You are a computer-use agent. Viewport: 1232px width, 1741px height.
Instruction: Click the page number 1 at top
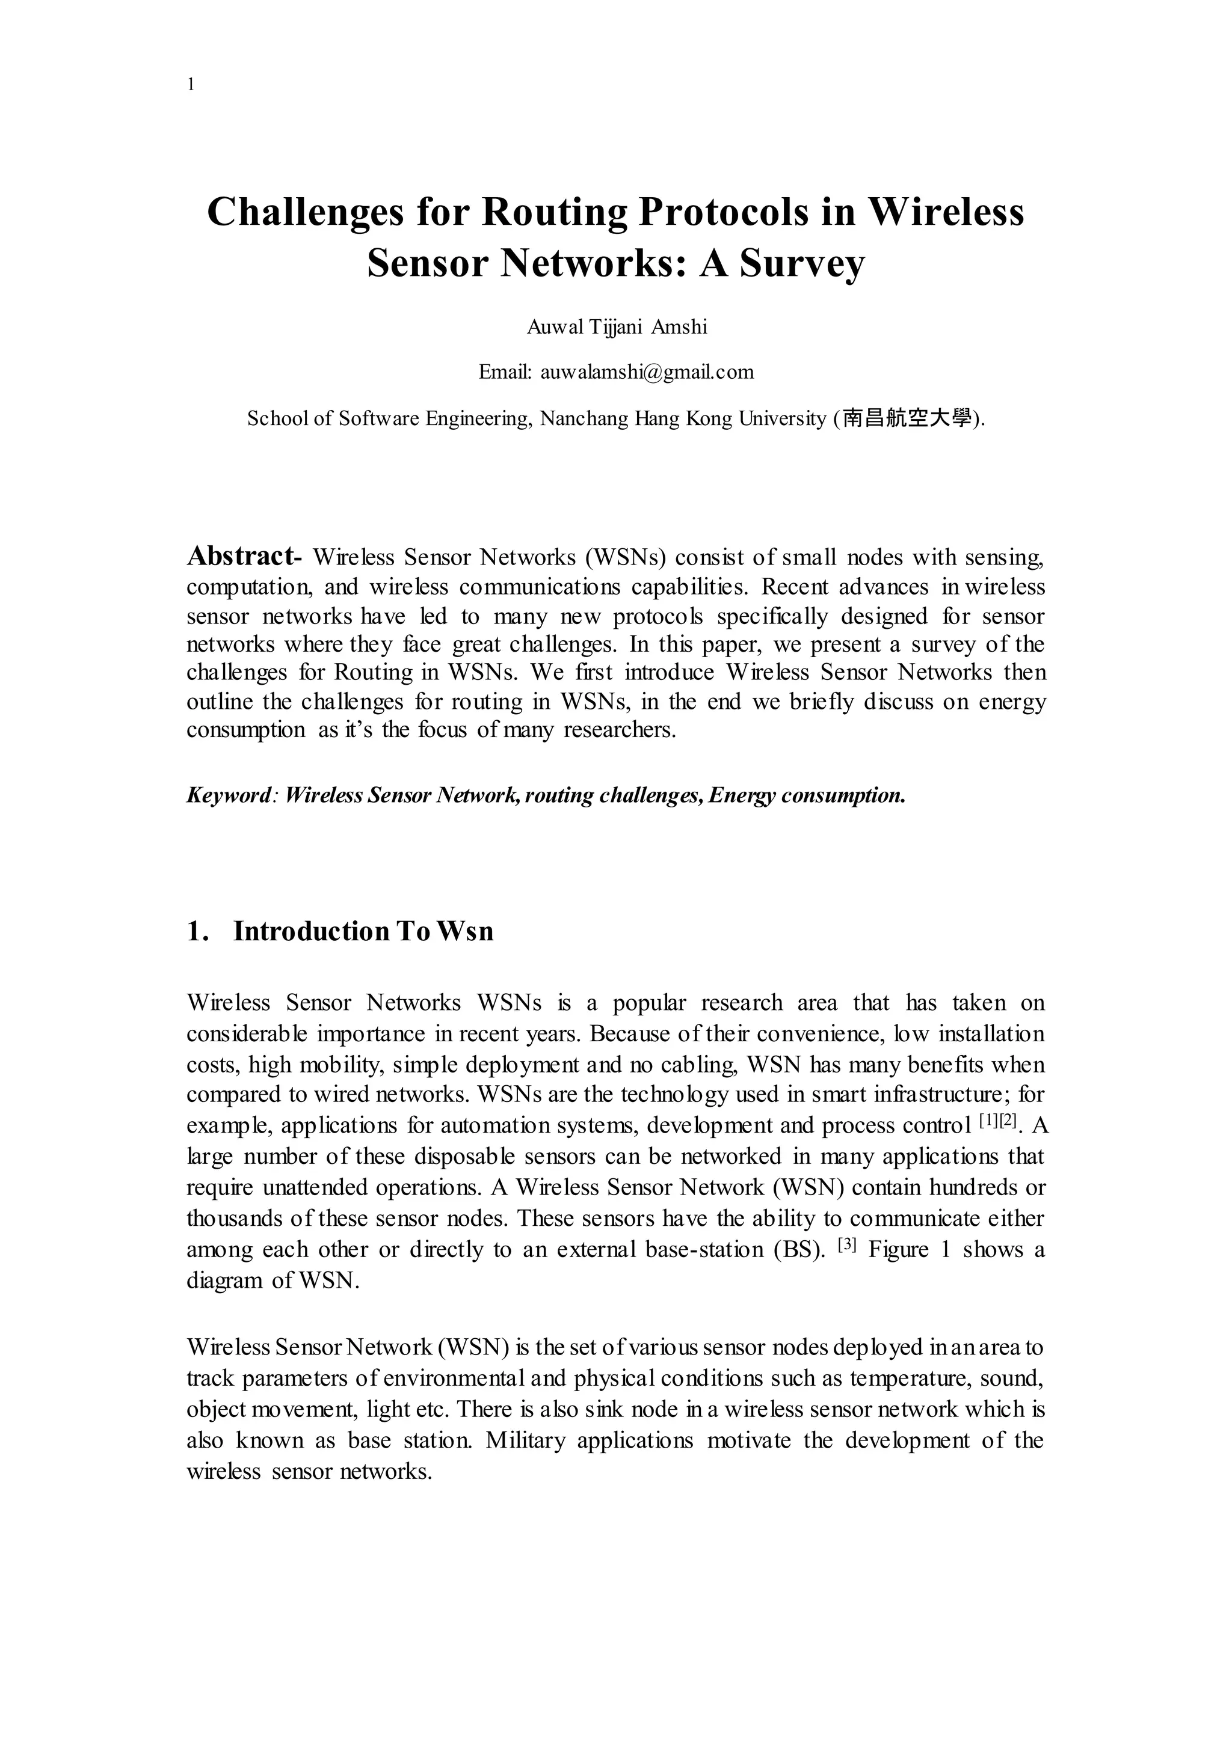pos(191,85)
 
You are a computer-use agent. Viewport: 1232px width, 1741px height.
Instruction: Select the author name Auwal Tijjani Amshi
pos(617,327)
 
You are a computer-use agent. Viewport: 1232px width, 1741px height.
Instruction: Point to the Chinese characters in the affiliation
pos(907,418)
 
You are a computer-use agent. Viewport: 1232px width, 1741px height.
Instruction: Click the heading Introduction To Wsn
pos(363,931)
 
